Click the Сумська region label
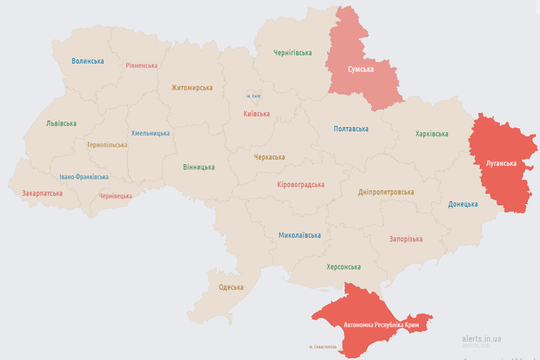(361, 69)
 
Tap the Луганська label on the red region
(501, 164)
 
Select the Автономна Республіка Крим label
(381, 325)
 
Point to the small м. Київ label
(253, 96)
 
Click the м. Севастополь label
(323, 347)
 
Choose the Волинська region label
(88, 61)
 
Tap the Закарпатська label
(42, 193)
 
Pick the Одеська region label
(231, 287)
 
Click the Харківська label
(431, 134)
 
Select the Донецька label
(463, 204)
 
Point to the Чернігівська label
(293, 53)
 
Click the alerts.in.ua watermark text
(481, 338)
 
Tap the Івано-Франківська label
(84, 177)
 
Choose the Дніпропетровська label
(386, 192)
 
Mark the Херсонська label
(343, 267)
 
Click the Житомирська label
(192, 88)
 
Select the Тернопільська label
(107, 145)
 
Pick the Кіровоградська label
(301, 185)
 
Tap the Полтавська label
(351, 129)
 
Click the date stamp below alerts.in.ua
(476, 345)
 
